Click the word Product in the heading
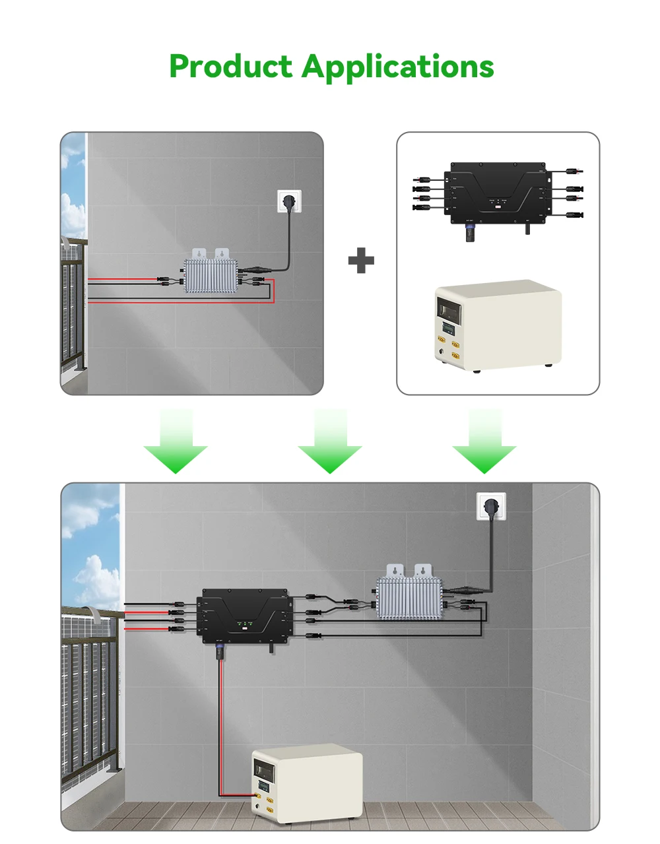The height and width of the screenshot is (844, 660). pos(230,67)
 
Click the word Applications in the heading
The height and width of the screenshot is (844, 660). pos(398,67)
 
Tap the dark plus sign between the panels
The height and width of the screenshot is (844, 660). pos(361,261)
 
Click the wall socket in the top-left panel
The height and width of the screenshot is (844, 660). pos(289,201)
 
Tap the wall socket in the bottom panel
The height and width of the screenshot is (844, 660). pos(491,506)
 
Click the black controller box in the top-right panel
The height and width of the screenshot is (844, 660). pos(498,193)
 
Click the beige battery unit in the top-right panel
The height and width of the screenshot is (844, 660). pos(498,325)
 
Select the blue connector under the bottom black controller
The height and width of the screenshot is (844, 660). pos(220,653)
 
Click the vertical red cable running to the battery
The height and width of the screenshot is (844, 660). pos(220,726)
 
